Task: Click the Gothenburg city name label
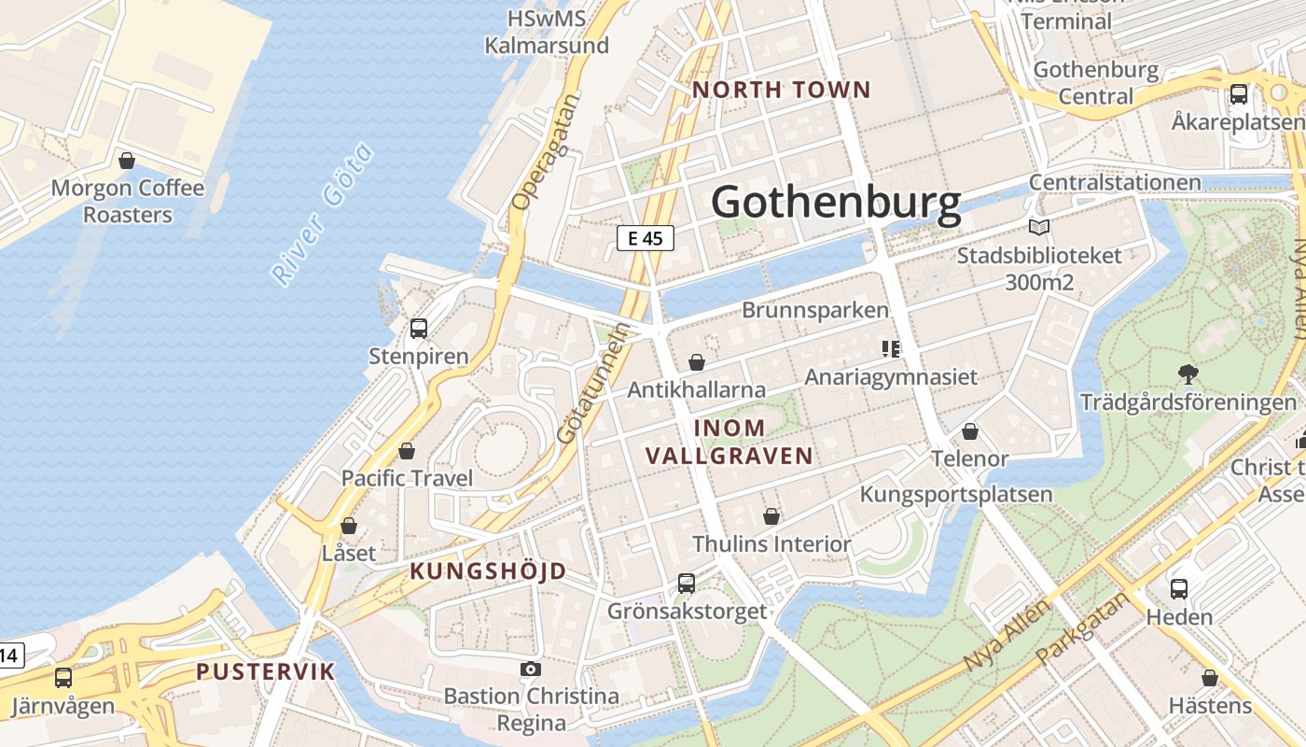(836, 203)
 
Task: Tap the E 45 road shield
(646, 238)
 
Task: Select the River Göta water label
(323, 214)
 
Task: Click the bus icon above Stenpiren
(419, 329)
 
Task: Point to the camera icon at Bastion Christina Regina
(531, 669)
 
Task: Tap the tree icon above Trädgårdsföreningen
(1188, 374)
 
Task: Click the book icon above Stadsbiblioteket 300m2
(1038, 227)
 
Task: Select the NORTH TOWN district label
(782, 91)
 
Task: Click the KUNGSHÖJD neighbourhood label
(488, 571)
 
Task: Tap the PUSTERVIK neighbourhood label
(265, 671)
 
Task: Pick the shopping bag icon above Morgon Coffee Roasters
(127, 161)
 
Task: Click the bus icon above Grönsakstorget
(687, 584)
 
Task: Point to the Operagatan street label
(547, 152)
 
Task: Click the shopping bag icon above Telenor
(970, 431)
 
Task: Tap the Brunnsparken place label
(815, 310)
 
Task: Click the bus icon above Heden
(1179, 589)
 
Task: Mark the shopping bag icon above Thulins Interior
(771, 516)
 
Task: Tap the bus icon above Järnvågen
(63, 678)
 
